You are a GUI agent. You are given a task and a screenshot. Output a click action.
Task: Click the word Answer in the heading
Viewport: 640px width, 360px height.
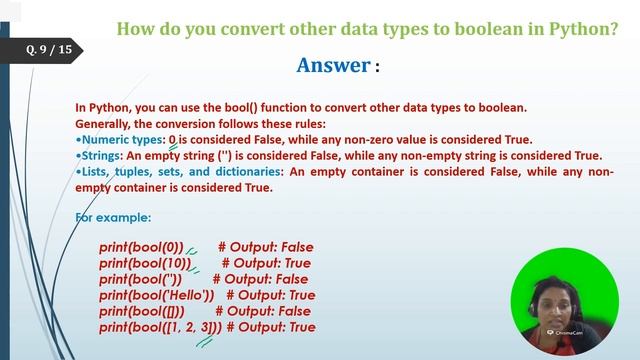click(334, 65)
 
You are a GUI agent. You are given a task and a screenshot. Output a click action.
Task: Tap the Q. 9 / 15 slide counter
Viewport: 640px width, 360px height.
click(50, 49)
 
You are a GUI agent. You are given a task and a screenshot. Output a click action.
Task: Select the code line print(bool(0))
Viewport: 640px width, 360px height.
click(141, 246)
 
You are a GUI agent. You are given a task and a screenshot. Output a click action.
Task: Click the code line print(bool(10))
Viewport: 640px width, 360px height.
click(145, 262)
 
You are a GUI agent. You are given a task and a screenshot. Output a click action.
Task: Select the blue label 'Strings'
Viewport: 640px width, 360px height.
click(100, 155)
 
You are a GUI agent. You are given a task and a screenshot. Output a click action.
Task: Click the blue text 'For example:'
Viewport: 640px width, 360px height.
click(113, 216)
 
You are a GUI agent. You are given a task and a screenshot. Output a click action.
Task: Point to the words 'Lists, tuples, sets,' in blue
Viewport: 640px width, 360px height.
click(133, 171)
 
